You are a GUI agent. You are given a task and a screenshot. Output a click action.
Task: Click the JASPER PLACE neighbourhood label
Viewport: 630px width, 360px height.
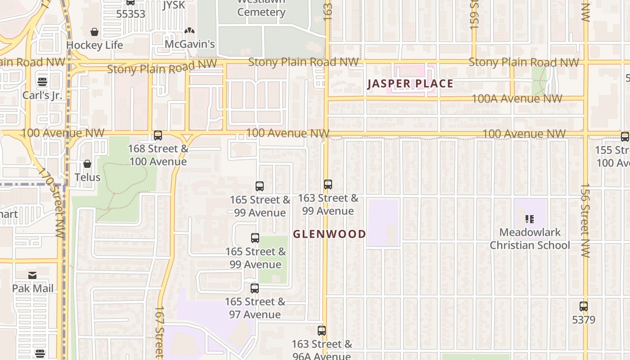410,84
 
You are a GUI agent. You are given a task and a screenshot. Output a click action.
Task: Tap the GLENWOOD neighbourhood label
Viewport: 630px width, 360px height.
329,234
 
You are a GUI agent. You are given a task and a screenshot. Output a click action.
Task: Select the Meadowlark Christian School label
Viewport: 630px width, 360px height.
530,239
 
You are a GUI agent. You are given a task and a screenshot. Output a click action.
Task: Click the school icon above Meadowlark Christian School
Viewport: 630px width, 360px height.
530,219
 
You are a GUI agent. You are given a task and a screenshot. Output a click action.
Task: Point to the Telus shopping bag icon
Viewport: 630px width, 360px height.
87,164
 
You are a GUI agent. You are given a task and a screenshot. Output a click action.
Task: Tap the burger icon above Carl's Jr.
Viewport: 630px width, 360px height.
42,81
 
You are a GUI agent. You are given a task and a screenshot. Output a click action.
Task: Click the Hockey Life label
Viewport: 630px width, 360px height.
94,45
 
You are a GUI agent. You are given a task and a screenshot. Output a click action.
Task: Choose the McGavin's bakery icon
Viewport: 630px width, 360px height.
189,31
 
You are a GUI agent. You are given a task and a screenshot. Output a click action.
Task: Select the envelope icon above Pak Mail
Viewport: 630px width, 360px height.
32,275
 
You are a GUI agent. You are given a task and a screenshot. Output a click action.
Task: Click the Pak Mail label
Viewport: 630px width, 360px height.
33,288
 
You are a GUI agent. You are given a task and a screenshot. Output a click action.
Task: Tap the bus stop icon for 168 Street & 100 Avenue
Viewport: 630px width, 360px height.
158,135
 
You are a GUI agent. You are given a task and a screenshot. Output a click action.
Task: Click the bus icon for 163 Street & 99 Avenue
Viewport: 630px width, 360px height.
328,184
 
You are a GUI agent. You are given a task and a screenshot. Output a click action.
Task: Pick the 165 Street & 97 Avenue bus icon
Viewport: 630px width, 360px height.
255,288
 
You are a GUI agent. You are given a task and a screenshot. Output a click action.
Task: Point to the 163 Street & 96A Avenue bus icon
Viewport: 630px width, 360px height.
322,331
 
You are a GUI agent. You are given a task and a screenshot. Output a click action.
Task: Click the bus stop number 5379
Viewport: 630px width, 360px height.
584,320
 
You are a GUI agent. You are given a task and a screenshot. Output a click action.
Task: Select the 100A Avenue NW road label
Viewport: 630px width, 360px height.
517,98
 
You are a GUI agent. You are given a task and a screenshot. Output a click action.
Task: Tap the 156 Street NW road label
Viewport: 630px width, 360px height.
585,220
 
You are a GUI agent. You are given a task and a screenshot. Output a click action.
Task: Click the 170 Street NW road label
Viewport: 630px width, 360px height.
53,202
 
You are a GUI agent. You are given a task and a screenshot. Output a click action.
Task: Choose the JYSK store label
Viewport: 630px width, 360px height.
174,5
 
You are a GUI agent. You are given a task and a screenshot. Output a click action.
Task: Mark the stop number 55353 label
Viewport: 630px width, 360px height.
130,14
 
